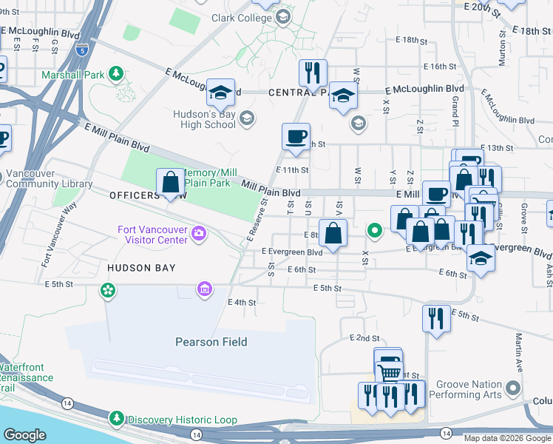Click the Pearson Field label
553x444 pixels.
pos(211,342)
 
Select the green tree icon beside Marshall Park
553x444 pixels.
pos(115,73)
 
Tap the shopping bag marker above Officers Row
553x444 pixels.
pos(170,182)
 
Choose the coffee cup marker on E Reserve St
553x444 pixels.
pos(296,137)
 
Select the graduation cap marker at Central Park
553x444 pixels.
pos(343,95)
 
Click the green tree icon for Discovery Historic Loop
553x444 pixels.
pos(116,420)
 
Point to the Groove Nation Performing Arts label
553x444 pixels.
pos(469,389)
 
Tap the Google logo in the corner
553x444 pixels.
pos(24,435)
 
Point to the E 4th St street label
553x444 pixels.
pos(242,303)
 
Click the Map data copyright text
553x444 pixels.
pos(507,438)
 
